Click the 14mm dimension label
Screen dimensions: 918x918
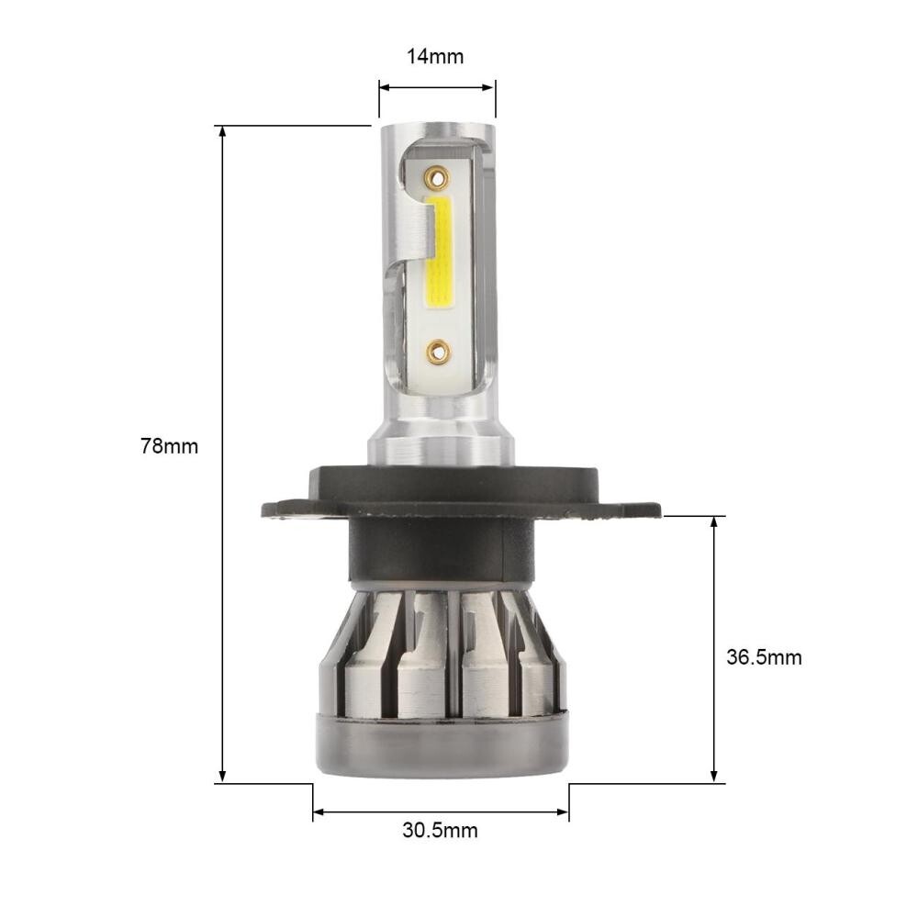click(x=435, y=57)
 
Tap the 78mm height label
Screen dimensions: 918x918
click(x=169, y=447)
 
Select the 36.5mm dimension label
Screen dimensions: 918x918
click(x=764, y=657)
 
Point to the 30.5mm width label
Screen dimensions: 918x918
click(x=440, y=831)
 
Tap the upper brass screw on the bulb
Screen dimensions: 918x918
click(x=437, y=174)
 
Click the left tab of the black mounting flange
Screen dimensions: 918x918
click(x=285, y=509)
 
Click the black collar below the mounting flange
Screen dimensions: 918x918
click(x=441, y=551)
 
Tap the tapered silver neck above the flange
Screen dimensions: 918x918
click(x=441, y=445)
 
